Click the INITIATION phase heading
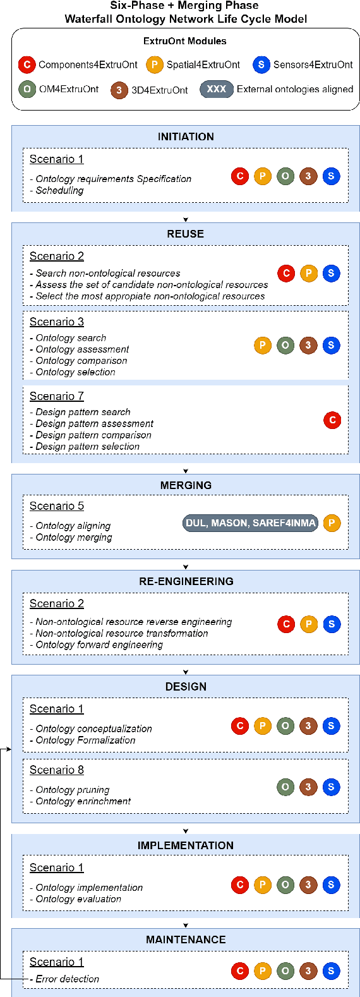coord(186,136)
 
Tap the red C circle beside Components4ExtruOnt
coord(27,64)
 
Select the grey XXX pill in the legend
coord(217,89)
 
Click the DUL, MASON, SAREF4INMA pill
coord(250,523)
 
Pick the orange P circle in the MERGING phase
coord(332,523)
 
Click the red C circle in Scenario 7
coord(332,420)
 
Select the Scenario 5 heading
coord(57,506)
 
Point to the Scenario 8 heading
coord(57,770)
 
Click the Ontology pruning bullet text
coord(73,790)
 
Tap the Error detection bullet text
coord(67,979)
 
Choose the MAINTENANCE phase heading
coord(186,940)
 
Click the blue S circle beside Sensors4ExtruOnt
coord(261,64)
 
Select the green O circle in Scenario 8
coord(285,787)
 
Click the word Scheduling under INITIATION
coord(59,190)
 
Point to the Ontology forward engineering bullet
coord(99,644)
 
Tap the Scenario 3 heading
coord(57,322)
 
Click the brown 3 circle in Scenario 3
coord(308,346)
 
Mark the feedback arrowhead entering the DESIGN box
coord(9,749)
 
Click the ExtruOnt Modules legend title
coord(185,41)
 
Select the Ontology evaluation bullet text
coord(78,898)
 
